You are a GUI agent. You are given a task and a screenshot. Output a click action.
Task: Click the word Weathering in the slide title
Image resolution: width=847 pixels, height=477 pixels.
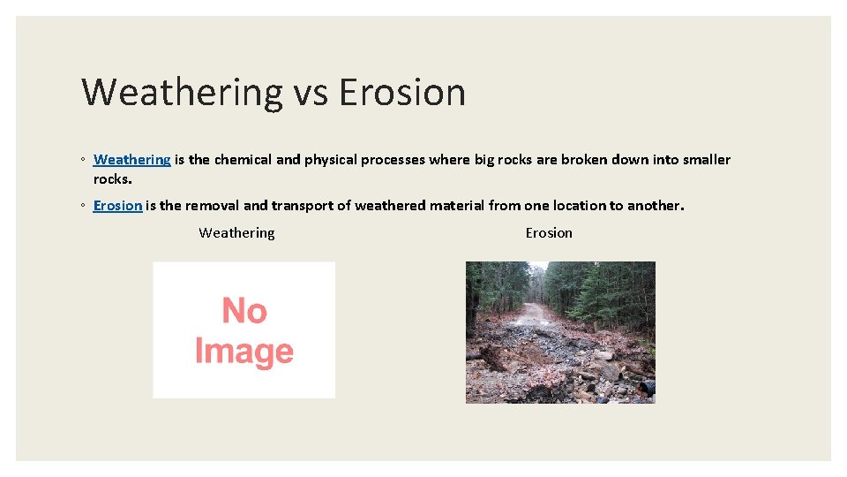tap(181, 92)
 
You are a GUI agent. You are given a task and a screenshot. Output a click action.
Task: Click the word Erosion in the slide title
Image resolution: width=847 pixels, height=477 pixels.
tap(401, 92)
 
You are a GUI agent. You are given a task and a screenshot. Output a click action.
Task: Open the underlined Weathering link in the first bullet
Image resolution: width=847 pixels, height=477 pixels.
tap(131, 160)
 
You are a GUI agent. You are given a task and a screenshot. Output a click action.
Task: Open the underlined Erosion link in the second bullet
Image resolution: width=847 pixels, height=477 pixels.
tap(117, 206)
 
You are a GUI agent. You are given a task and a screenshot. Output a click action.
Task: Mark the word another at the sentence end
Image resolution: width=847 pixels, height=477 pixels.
tap(654, 206)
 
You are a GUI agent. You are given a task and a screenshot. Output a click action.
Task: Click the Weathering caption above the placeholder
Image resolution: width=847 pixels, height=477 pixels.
tap(236, 233)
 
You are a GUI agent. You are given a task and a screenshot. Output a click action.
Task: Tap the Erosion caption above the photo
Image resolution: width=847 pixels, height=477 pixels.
tap(549, 233)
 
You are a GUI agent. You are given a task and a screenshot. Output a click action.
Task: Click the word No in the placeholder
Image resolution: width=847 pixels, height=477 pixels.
tap(244, 311)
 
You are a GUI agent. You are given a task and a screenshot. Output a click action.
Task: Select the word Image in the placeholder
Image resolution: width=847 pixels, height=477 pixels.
tap(244, 352)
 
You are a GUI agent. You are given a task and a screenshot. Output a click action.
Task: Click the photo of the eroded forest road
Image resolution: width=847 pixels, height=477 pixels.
tap(560, 332)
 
